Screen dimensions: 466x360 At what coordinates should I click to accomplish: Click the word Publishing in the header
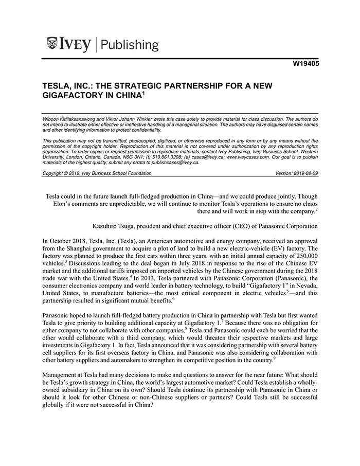[x=131, y=45]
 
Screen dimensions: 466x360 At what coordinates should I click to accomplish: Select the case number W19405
[x=302, y=65]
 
